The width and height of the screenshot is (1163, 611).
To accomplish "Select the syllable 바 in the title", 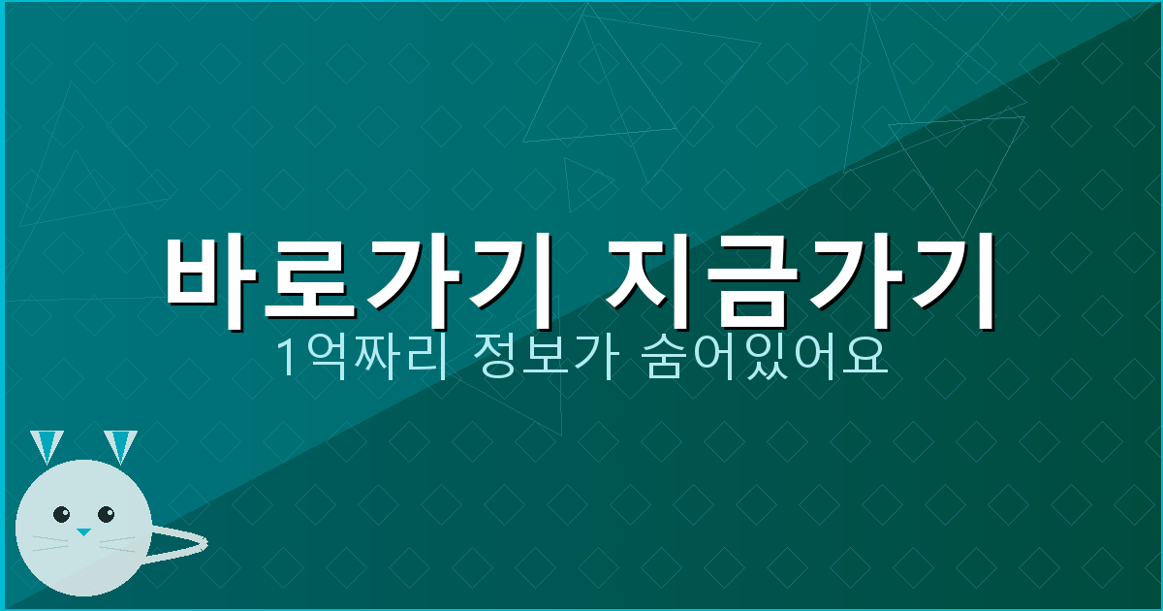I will [215, 275].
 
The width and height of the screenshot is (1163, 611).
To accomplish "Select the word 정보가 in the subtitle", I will [529, 358].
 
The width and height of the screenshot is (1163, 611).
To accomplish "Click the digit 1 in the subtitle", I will [287, 359].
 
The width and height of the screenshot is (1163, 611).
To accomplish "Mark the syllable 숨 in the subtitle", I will [661, 358].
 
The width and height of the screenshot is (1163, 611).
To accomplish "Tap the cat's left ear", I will [46, 445].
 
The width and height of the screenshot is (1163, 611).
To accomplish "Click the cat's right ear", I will [120, 445].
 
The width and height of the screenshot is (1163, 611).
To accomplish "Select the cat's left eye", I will [62, 514].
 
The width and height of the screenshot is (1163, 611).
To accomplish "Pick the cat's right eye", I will [106, 513].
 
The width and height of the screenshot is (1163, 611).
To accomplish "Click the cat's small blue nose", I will [83, 532].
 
